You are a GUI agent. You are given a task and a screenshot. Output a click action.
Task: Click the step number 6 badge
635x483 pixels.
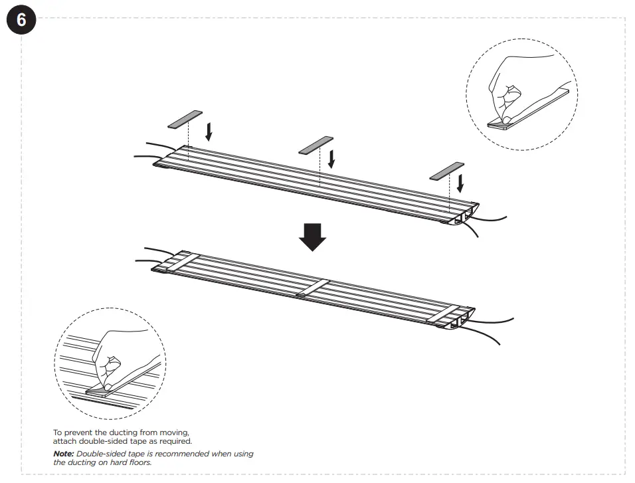point(21,20)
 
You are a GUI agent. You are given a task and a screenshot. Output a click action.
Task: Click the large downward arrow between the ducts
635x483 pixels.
point(312,237)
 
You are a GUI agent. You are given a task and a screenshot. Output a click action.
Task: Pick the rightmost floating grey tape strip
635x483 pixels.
point(447,170)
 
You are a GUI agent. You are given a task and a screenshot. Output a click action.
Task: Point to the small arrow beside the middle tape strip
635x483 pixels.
point(331,157)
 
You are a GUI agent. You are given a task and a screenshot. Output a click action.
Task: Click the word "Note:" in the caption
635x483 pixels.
point(64,454)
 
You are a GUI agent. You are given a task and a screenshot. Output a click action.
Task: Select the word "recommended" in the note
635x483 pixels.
point(181,454)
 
